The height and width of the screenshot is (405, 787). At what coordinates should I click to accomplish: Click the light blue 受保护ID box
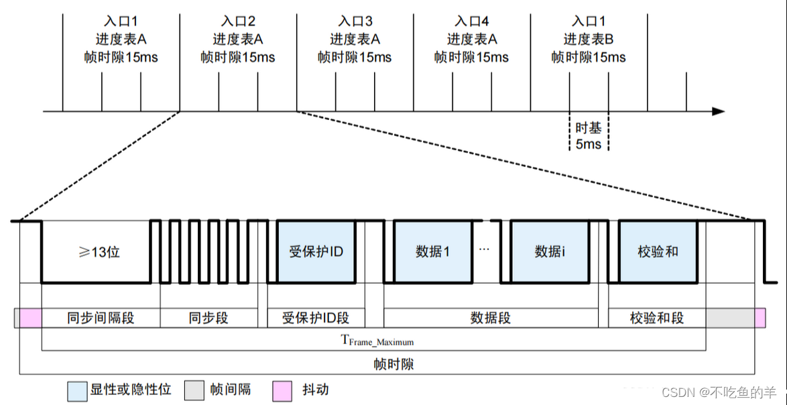coord(316,251)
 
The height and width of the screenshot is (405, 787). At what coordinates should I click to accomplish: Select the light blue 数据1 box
coord(432,251)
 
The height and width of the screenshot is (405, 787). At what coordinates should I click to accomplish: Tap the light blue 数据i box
coord(550,251)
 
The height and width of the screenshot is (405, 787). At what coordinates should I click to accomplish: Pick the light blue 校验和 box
coord(658,251)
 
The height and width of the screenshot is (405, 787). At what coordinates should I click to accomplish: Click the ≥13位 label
coord(97,252)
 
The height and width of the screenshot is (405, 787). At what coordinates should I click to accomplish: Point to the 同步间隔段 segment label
coord(101,318)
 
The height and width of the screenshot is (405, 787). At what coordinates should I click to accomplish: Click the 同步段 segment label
coord(208,318)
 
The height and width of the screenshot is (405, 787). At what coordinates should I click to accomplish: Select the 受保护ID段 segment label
coord(316,318)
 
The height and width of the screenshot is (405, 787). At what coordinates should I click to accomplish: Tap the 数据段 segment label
coord(491,318)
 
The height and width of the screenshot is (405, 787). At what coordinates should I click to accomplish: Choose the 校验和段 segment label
coord(657,318)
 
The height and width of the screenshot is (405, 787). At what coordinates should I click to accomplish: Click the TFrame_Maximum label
coord(377,341)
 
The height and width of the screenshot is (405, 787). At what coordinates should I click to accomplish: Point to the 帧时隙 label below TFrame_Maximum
coord(393,364)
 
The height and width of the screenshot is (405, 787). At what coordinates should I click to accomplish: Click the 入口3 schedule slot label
coord(355,21)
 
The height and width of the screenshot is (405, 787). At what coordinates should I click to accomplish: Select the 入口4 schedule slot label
coord(472,21)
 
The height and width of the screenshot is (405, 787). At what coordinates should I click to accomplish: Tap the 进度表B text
coord(589,39)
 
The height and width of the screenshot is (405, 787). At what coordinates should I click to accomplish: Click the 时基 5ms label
coord(589,135)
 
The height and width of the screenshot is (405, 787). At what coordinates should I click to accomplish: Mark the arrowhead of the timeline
coord(718,111)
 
